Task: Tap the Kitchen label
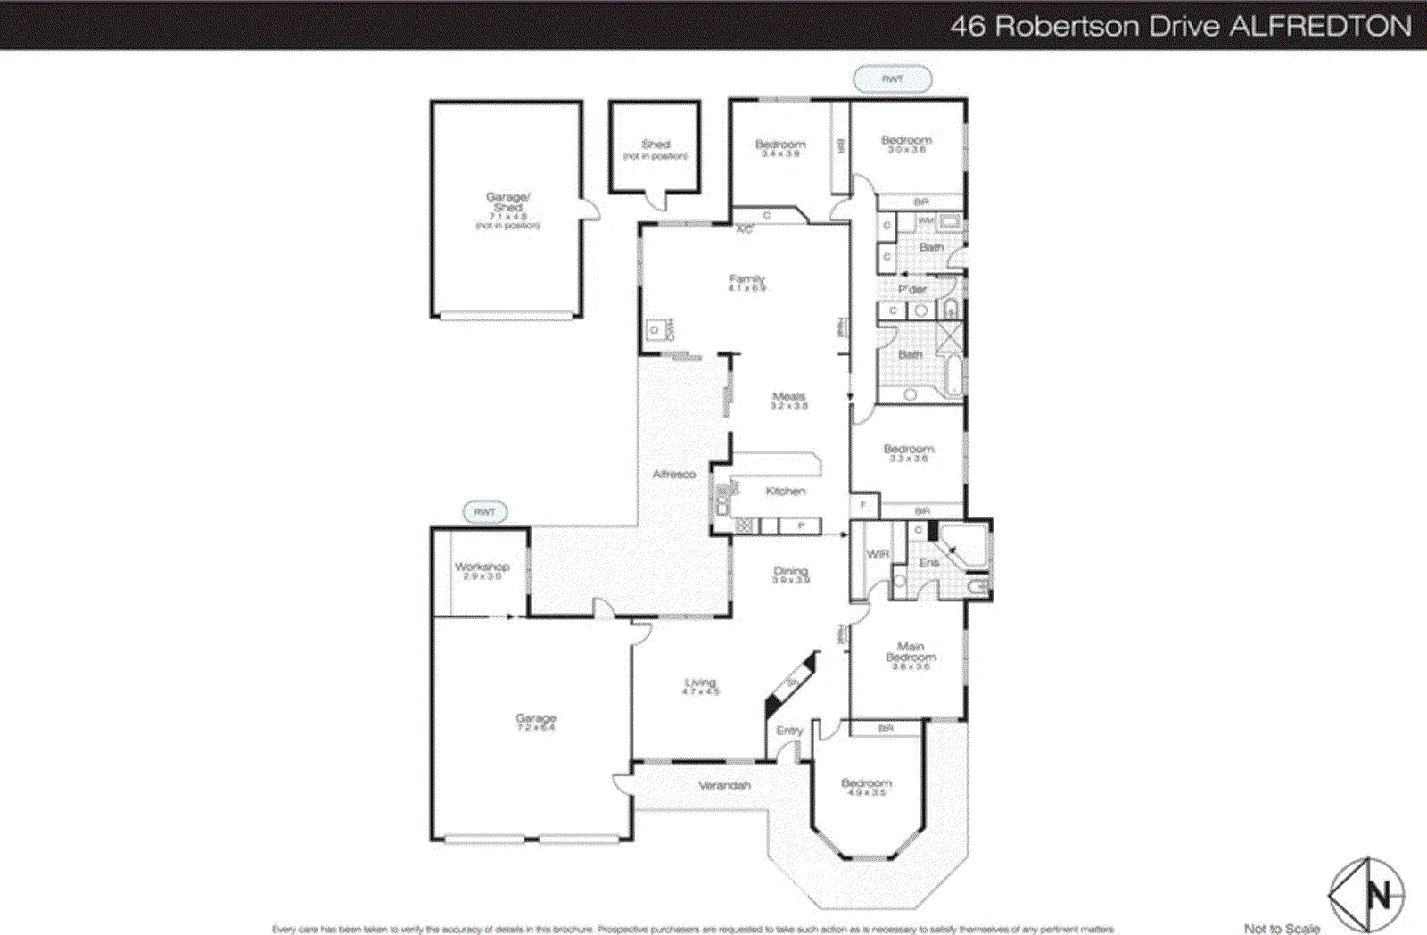click(785, 492)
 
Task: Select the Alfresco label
click(673, 475)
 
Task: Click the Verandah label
click(724, 786)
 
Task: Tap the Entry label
click(789, 731)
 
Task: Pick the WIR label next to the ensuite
click(878, 554)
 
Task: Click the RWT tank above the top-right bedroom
click(893, 79)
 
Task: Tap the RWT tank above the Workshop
click(484, 512)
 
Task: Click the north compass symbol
click(1366, 894)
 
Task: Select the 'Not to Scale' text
click(1282, 929)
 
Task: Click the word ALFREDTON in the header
click(1321, 26)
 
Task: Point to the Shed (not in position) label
click(655, 149)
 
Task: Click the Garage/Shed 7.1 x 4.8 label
click(507, 211)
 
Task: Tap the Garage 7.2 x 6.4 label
click(535, 722)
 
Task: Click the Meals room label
click(788, 401)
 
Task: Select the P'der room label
click(911, 290)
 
